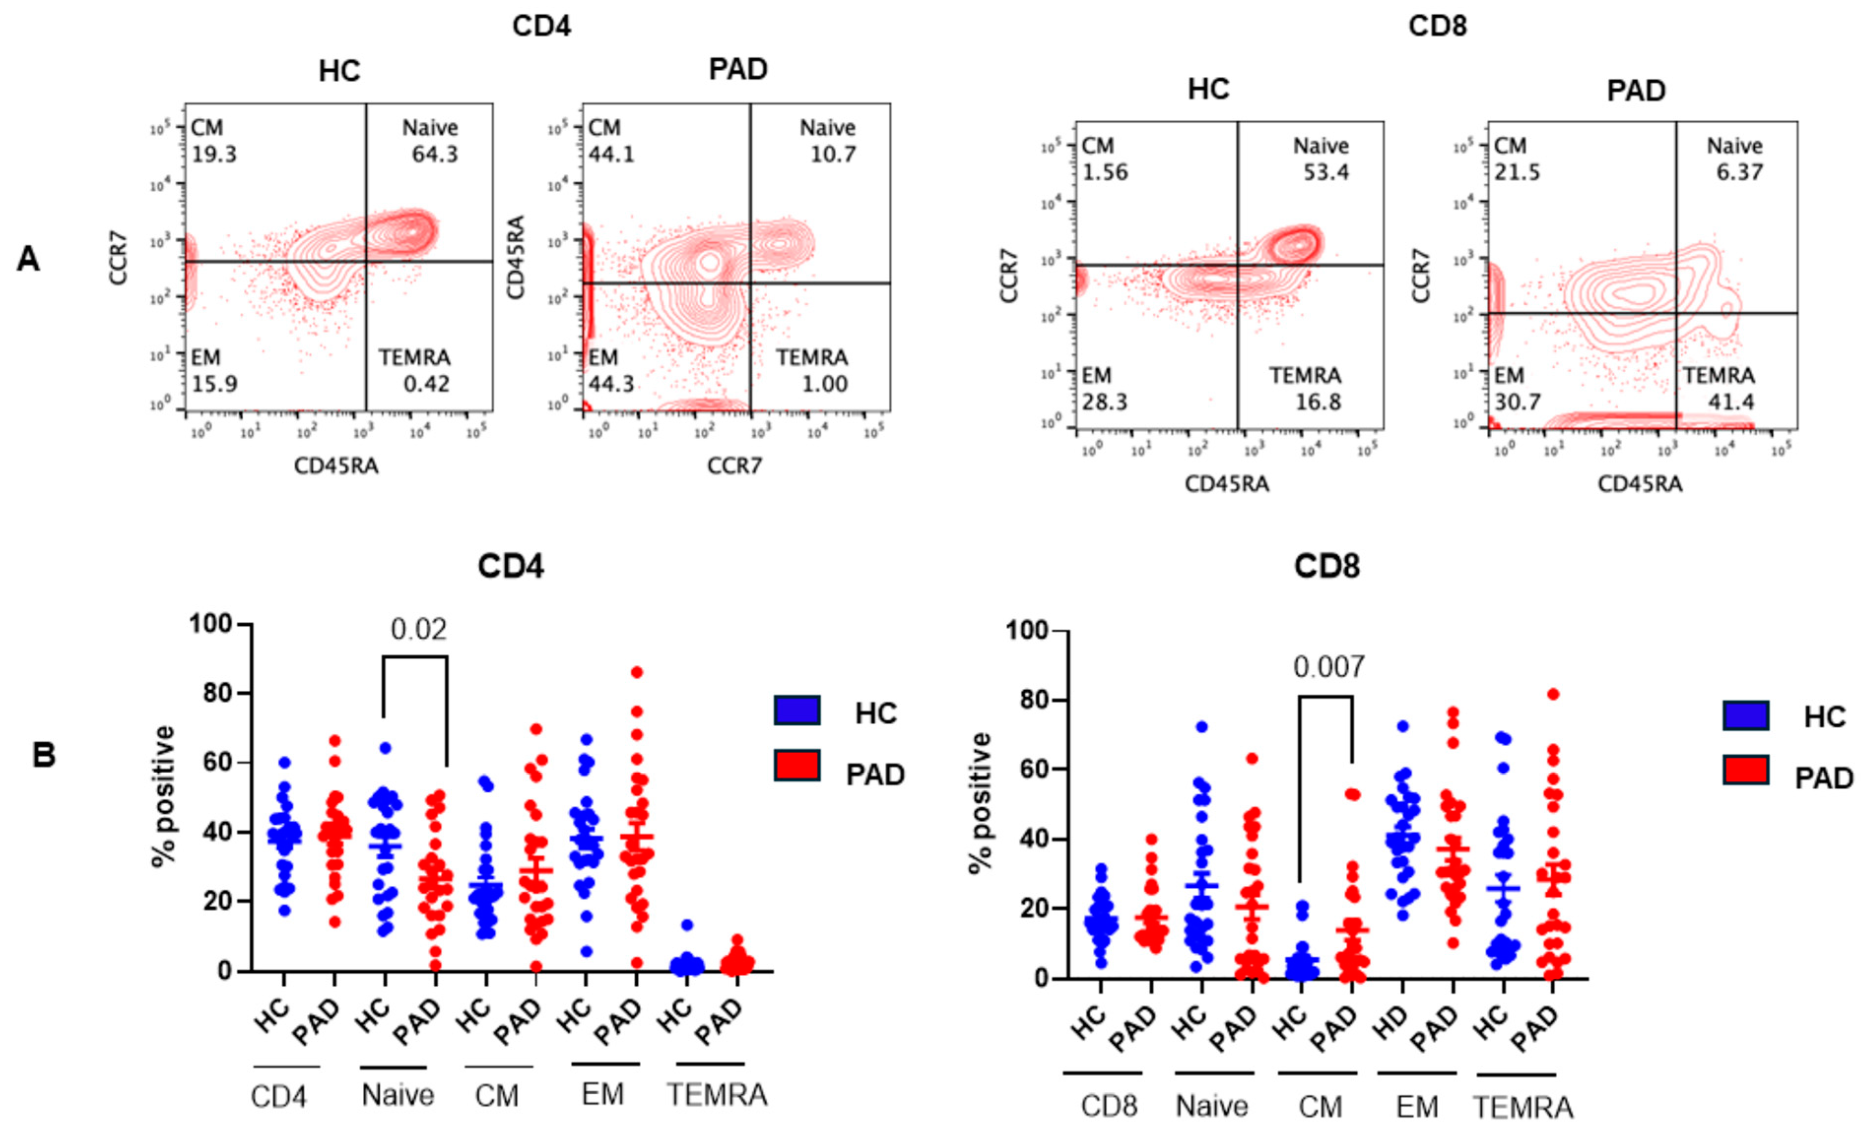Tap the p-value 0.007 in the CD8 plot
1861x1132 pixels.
click(1329, 667)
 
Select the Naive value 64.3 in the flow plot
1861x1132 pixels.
click(435, 154)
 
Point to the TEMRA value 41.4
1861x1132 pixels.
click(1731, 402)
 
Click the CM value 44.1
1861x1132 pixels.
click(612, 154)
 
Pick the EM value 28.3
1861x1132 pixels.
click(1104, 402)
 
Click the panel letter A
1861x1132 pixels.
click(28, 259)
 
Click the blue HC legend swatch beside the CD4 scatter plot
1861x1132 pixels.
click(797, 711)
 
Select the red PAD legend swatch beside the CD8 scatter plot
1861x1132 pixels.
click(1745, 770)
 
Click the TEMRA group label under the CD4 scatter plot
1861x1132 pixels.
click(716, 1094)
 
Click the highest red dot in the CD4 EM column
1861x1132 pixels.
click(637, 672)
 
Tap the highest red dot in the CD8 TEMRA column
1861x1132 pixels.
click(1553, 694)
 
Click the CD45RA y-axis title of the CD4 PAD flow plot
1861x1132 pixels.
click(516, 257)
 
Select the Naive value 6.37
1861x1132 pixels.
click(1739, 172)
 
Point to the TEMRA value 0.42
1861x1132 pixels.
click(426, 384)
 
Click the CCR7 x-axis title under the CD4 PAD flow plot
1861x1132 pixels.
click(734, 466)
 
